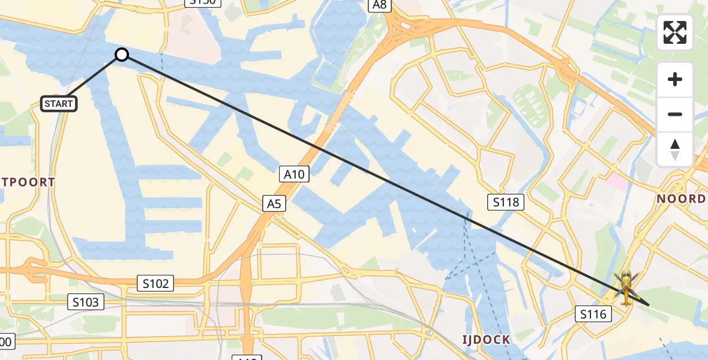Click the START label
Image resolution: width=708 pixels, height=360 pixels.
59,104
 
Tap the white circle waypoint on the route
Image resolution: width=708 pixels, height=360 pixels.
122,55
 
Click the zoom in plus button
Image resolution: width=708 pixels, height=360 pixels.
675,80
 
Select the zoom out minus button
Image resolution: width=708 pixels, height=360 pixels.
675,114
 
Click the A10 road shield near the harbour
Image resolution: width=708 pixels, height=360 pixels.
294,175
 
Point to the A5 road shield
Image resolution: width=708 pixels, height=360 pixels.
274,204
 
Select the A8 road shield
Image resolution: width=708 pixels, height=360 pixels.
380,5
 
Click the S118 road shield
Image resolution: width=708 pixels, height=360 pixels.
506,202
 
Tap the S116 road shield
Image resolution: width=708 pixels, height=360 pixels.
593,313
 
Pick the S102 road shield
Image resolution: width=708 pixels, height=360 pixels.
155,283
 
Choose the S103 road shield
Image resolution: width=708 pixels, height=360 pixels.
86,302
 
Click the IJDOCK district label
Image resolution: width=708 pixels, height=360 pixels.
486,340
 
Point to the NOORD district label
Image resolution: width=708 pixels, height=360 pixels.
680,199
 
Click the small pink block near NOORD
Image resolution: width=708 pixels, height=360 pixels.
617,182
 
